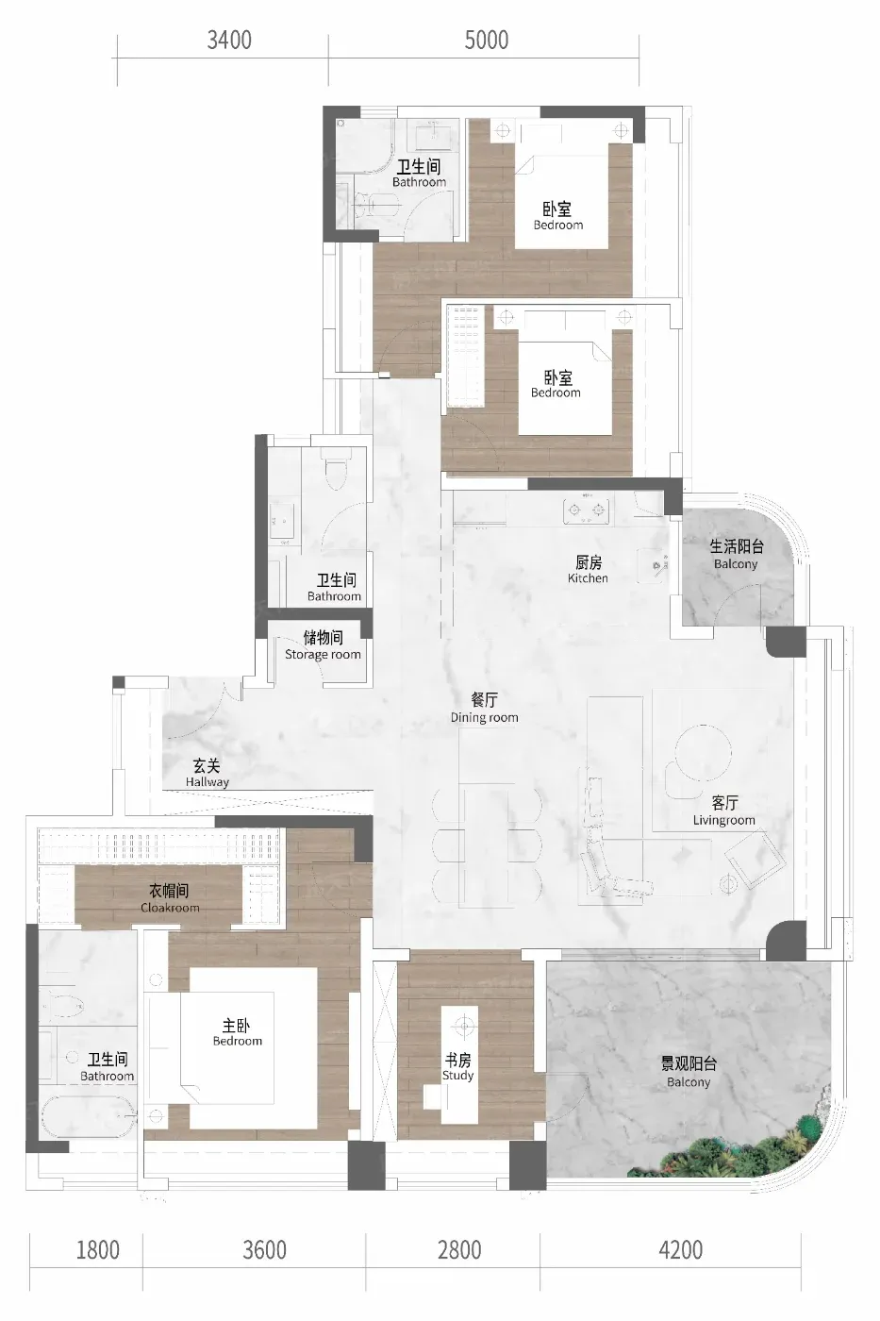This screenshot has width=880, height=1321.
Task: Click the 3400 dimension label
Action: pos(229,40)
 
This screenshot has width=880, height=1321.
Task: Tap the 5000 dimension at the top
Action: pos(487,40)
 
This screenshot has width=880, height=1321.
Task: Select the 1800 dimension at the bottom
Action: pos(98,1249)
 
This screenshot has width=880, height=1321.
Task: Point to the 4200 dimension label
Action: pos(681,1249)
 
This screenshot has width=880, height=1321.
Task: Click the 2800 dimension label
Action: pos(459,1249)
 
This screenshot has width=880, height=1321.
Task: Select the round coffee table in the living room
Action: pos(704,753)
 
